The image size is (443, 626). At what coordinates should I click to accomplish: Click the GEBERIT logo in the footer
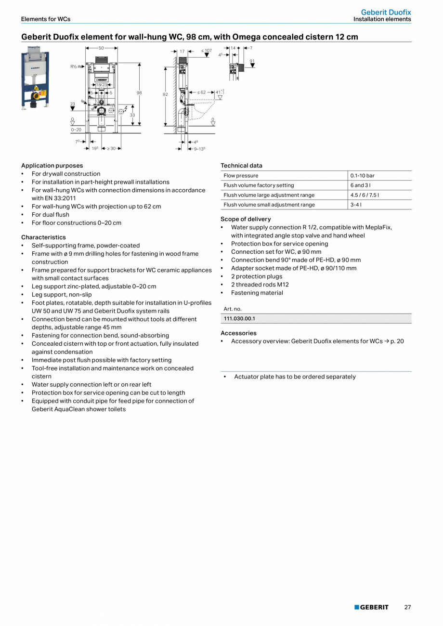click(x=371, y=607)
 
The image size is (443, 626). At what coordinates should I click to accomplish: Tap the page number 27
click(x=407, y=607)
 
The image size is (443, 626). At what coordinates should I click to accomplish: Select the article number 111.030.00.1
click(x=239, y=319)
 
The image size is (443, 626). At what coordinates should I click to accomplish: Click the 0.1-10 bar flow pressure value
click(x=362, y=176)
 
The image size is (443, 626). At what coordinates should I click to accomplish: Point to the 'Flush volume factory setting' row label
click(x=259, y=185)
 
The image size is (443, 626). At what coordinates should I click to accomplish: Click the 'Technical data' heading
click(x=241, y=166)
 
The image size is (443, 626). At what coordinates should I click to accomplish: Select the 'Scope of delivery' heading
click(x=246, y=219)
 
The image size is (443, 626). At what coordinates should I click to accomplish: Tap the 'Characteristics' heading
click(x=43, y=237)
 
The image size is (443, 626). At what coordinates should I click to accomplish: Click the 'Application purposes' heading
click(x=52, y=166)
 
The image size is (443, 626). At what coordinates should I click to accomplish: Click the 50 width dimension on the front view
click(x=101, y=48)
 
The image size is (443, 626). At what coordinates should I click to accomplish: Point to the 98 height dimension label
click(x=139, y=93)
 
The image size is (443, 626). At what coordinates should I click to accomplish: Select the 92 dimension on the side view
click(x=165, y=95)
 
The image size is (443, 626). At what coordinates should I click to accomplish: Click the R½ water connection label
click(x=75, y=66)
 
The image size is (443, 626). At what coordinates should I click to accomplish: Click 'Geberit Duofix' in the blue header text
click(x=386, y=12)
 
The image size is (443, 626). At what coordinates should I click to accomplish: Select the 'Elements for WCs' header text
click(x=46, y=19)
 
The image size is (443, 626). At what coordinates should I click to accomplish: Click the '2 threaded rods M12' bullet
click(x=260, y=285)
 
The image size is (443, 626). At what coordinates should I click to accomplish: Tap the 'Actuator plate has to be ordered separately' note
click(x=295, y=377)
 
